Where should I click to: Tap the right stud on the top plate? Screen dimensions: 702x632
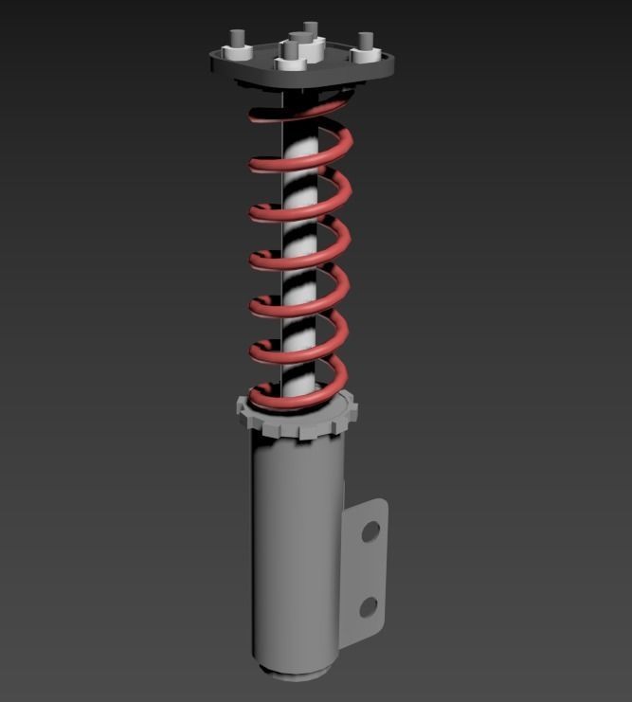coord(365,42)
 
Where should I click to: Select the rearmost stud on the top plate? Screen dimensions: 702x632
coord(310,27)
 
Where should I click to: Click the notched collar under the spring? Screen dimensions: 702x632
coord(296,421)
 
